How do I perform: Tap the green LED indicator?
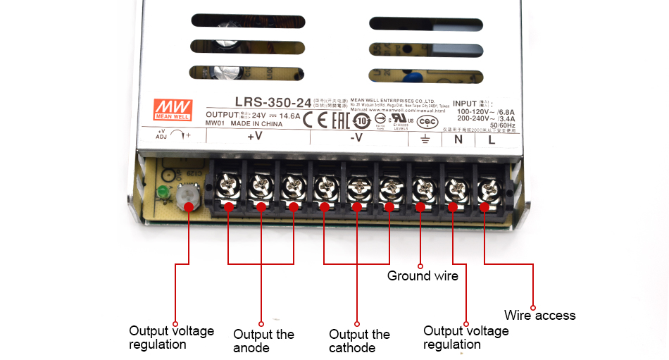(162, 192)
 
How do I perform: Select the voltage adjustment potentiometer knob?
(187, 195)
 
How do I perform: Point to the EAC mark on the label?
(339, 118)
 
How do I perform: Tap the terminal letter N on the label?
(458, 139)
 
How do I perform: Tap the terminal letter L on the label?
(491, 139)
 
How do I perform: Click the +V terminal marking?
(254, 137)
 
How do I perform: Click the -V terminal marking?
(357, 138)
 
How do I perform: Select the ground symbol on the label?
(425, 139)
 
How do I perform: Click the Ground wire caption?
(423, 275)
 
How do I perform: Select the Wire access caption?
(540, 315)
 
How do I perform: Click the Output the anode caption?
(263, 341)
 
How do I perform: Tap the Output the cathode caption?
(359, 341)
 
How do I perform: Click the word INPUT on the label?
(465, 103)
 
